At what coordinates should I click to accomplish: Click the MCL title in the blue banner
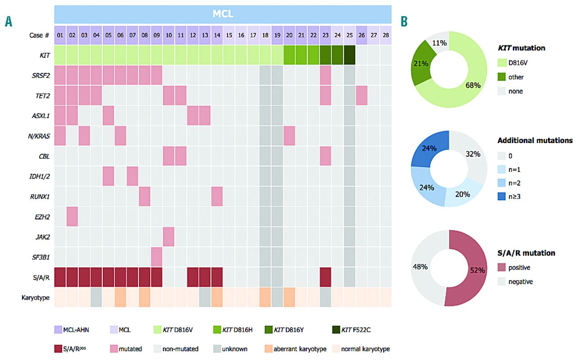pos(223,14)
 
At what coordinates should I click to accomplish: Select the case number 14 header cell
pos(216,35)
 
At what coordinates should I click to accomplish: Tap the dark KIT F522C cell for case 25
pos(349,55)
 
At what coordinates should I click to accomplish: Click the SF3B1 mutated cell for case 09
pos(156,257)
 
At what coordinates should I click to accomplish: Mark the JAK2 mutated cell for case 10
pos(168,236)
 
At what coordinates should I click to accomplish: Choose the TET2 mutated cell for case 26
pos(361,95)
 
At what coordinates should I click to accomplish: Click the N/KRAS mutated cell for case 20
pos(289,136)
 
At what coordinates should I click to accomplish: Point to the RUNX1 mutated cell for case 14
pos(216,196)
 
